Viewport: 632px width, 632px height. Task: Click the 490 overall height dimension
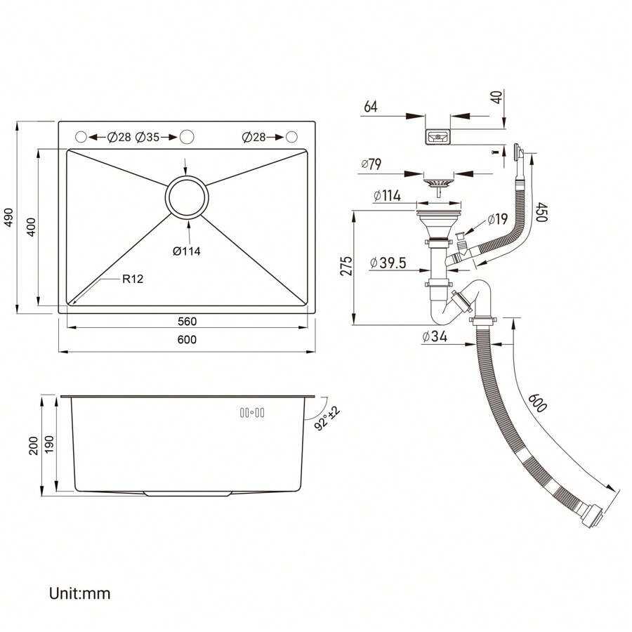(9, 219)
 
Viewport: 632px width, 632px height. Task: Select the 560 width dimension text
(186, 322)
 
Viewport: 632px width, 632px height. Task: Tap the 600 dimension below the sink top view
(186, 340)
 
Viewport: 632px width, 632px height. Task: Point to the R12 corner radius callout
(133, 279)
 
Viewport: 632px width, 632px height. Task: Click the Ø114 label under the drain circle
(187, 251)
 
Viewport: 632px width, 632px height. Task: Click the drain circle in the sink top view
(187, 197)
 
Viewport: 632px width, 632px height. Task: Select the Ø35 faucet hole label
(147, 137)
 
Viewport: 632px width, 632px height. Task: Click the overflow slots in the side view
(251, 413)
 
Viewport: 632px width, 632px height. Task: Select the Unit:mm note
(79, 593)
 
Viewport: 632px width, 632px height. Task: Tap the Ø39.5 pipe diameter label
(389, 263)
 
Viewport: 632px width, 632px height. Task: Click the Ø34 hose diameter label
(435, 336)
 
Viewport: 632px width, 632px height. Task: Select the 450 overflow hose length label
(540, 212)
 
